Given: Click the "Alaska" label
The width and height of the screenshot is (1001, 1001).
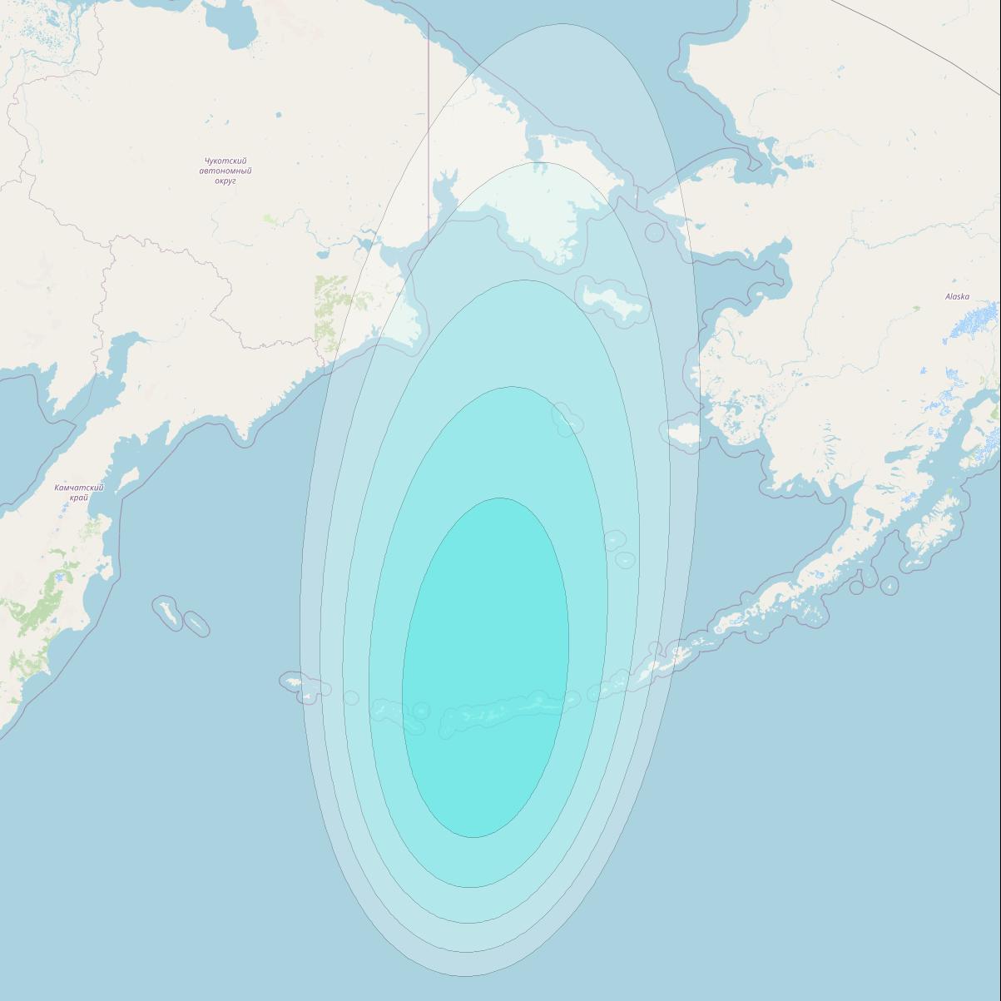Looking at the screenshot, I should (x=957, y=297).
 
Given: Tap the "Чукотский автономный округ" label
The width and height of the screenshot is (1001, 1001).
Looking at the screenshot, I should (x=225, y=171).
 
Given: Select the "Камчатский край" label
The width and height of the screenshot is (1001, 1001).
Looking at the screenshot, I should (x=79, y=493).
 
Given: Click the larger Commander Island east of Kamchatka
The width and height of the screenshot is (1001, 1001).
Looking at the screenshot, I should (x=167, y=613).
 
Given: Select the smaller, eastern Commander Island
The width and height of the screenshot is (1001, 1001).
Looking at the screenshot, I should (x=196, y=623).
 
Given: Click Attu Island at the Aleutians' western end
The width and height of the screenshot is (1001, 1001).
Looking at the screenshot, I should (x=293, y=682).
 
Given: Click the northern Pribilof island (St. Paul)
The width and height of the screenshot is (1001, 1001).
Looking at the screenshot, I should (x=613, y=541).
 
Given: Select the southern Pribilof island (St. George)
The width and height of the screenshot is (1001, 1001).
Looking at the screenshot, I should (x=625, y=560).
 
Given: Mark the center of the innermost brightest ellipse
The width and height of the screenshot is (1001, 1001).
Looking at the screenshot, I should (x=486, y=667).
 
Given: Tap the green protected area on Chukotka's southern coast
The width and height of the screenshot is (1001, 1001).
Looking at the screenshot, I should (x=333, y=312).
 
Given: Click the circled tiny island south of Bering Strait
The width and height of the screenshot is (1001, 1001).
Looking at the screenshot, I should (x=655, y=232).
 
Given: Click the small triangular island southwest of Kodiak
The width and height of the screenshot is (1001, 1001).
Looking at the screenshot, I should (x=890, y=586).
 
